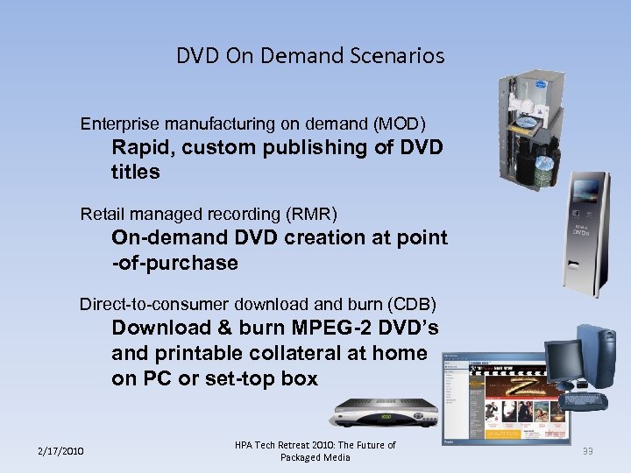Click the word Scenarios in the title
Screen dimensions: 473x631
[405, 56]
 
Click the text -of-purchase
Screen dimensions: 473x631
[175, 264]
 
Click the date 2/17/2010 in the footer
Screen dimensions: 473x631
[60, 451]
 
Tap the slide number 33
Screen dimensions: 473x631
[587, 451]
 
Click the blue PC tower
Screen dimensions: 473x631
[600, 359]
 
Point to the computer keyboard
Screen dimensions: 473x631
[586, 400]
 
